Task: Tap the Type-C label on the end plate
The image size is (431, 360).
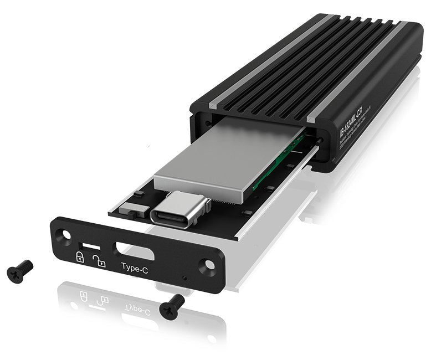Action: click(137, 266)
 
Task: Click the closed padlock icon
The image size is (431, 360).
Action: click(79, 256)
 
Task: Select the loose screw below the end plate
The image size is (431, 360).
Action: click(172, 305)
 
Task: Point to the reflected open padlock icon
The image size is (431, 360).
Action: click(101, 300)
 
